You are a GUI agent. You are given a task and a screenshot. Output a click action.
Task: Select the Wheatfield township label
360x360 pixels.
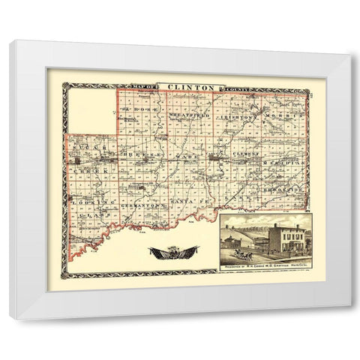[x=187, y=116]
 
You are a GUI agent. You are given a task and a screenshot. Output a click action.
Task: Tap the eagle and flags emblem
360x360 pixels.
[x=173, y=252]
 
